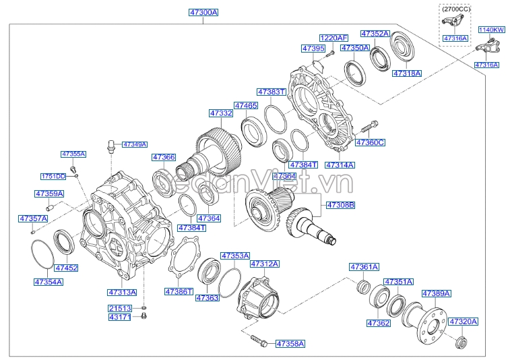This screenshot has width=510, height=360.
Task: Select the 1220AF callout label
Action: pyautogui.click(x=333, y=38)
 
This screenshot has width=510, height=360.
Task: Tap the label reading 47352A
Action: pyautogui.click(x=375, y=33)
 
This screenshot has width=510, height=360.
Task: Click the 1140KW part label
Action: pyautogui.click(x=491, y=30)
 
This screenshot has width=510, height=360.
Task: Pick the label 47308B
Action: pyautogui.click(x=341, y=204)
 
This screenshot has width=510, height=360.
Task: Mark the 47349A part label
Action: pyautogui.click(x=135, y=144)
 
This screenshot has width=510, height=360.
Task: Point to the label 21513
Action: pyautogui.click(x=119, y=307)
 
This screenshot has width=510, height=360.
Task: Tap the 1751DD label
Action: pyautogui.click(x=53, y=176)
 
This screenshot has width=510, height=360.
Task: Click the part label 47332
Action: pyautogui.click(x=220, y=114)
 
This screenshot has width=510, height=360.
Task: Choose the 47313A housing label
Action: pyautogui.click(x=122, y=293)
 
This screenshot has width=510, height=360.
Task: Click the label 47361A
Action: pyautogui.click(x=364, y=267)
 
